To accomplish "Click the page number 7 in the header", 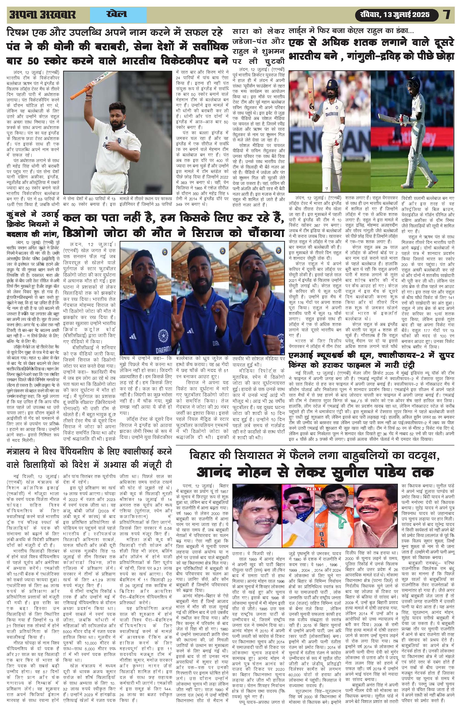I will [447, 15].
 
